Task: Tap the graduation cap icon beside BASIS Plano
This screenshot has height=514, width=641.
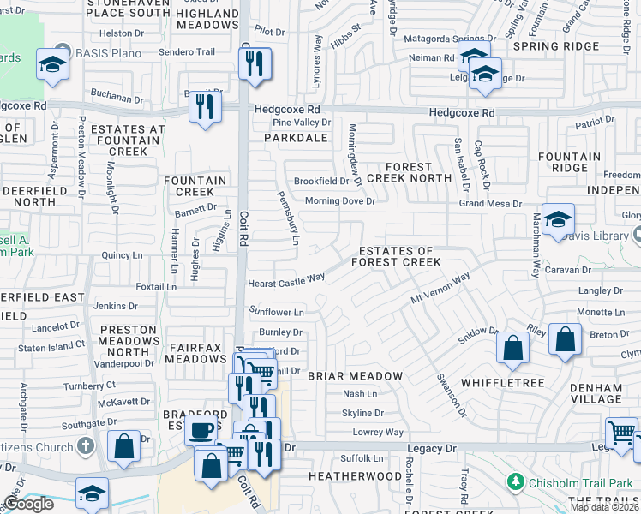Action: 53,64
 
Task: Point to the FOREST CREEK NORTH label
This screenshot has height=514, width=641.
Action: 408,172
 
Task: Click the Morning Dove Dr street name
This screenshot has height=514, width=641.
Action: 340,201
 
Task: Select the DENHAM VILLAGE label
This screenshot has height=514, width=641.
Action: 596,393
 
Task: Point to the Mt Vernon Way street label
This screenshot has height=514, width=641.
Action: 440,290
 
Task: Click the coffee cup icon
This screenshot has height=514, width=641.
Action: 202,430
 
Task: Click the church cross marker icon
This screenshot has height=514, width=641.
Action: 84,445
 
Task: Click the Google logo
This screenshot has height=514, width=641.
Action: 28,504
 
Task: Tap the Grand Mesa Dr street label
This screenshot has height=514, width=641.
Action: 490,204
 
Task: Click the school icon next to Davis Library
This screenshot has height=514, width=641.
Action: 557,219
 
